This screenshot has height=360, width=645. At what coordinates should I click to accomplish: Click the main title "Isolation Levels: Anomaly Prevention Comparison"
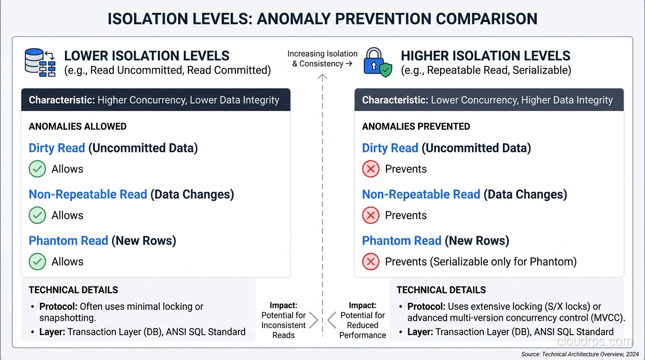322,19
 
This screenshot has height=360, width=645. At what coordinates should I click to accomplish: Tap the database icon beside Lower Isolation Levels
40,63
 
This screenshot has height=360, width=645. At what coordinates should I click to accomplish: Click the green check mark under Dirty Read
37,169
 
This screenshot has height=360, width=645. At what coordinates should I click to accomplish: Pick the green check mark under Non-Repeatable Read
37,216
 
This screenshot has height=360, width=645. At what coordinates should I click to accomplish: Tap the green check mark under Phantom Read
37,262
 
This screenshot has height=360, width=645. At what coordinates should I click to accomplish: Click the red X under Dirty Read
371,169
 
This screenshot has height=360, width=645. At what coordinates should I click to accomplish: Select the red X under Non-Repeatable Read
371,216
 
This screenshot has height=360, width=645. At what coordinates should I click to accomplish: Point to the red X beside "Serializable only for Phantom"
371,262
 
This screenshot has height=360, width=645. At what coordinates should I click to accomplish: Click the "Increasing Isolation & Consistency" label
322,59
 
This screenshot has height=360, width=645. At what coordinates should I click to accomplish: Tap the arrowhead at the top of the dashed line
322,77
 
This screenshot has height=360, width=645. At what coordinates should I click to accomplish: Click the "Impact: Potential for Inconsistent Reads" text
284,320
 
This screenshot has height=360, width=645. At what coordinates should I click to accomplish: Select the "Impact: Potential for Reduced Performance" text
362,320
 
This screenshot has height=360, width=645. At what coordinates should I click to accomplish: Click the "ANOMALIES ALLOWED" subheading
77,127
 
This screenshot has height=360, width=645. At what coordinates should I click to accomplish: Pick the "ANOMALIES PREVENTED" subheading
416,127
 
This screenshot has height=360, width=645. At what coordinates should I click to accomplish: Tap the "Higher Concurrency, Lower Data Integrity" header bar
156,100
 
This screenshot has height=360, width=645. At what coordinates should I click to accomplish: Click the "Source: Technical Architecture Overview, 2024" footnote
580,354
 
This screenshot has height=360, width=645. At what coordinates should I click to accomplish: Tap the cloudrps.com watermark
595,341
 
